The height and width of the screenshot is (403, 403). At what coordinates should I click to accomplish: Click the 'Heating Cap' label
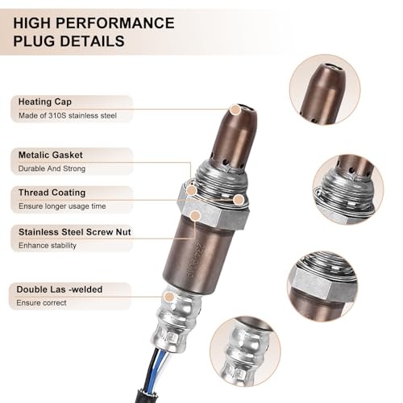[x=45, y=102]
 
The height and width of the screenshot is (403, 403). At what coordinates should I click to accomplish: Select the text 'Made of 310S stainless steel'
[x=68, y=115]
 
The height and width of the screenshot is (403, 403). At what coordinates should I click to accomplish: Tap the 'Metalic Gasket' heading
[x=51, y=155]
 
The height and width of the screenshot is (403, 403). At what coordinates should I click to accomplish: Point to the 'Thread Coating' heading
[x=52, y=193]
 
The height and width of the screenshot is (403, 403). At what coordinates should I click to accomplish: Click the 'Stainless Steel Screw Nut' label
[x=75, y=232]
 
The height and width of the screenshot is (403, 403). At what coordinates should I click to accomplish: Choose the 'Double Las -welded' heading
[x=60, y=289]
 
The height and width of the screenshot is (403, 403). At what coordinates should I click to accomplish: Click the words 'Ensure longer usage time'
[x=62, y=206]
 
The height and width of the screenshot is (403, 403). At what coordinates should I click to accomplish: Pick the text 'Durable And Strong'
[x=52, y=168]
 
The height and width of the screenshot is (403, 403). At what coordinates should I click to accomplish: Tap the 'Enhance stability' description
[x=48, y=245]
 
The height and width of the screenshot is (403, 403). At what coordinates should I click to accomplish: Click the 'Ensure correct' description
[x=41, y=303]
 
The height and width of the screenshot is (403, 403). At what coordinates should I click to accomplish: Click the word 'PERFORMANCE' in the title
[x=115, y=23]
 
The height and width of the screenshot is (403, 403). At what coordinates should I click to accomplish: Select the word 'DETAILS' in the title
[x=92, y=41]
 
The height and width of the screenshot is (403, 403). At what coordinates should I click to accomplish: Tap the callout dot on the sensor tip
[x=235, y=110]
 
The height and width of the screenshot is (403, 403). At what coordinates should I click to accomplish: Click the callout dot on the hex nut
[x=196, y=215]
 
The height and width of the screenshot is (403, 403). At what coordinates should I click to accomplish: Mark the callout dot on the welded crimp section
[x=169, y=297]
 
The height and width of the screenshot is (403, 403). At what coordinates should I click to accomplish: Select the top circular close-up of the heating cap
[x=325, y=89]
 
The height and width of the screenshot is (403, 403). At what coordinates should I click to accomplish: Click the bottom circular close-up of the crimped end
[x=245, y=351]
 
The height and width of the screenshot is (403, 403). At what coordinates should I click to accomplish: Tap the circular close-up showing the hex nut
[x=322, y=287]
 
